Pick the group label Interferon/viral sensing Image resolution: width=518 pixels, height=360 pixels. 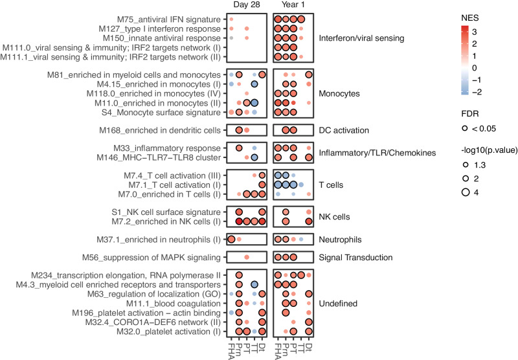(361, 38)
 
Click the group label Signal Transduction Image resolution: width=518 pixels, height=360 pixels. (355, 257)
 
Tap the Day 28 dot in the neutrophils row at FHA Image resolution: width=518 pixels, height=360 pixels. (231, 239)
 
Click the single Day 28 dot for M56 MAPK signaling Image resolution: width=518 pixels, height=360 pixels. (247, 257)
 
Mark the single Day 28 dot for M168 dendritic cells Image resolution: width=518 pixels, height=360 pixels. (239, 130)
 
